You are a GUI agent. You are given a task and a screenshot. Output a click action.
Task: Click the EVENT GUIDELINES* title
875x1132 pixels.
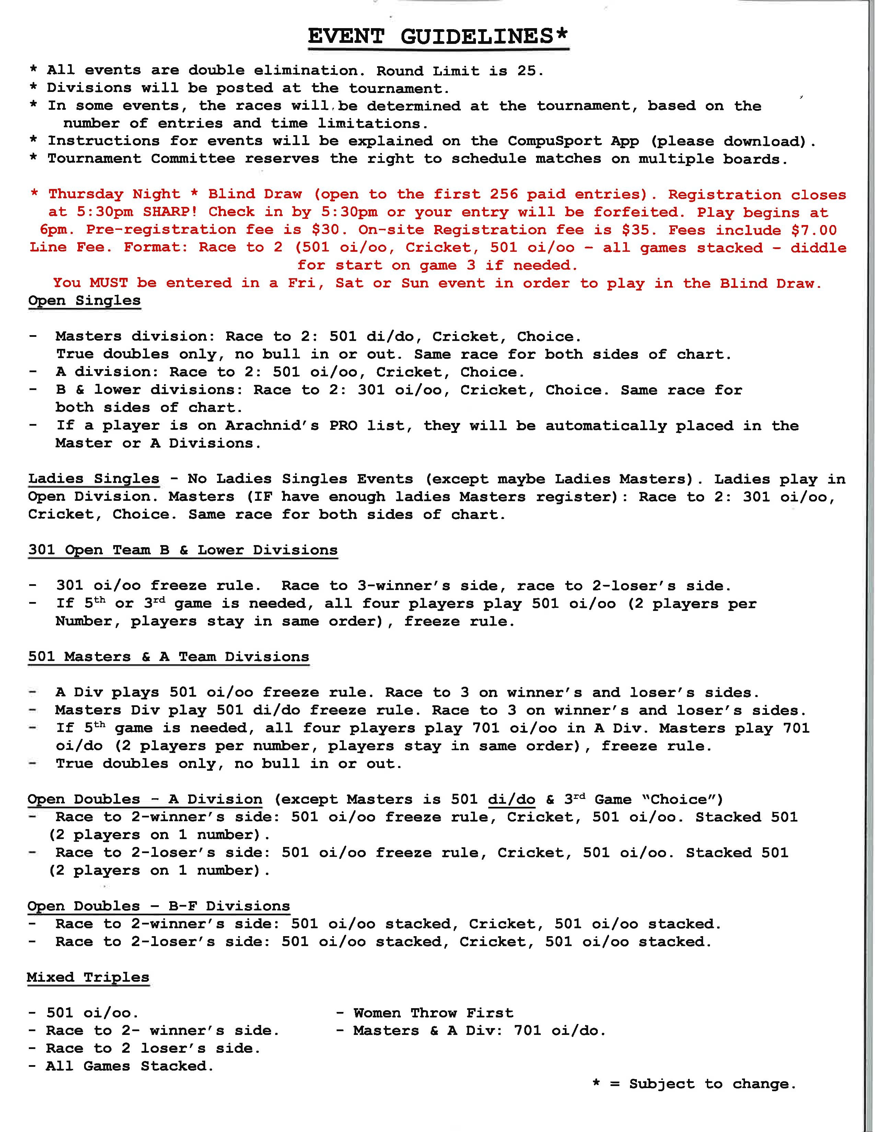[438, 37]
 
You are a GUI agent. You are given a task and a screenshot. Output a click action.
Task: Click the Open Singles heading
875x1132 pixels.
[84, 300]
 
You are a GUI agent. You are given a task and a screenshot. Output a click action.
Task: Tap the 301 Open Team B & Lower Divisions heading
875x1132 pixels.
[183, 550]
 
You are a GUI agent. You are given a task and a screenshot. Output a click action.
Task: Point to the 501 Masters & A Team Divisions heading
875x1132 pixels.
[168, 656]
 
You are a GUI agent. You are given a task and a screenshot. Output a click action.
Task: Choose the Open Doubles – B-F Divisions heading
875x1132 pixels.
[159, 906]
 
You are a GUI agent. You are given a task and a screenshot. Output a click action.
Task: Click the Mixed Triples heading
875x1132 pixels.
[88, 977]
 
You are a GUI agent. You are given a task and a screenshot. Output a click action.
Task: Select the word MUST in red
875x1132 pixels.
[108, 283]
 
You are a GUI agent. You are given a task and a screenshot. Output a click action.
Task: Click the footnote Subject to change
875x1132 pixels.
[712, 1084]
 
